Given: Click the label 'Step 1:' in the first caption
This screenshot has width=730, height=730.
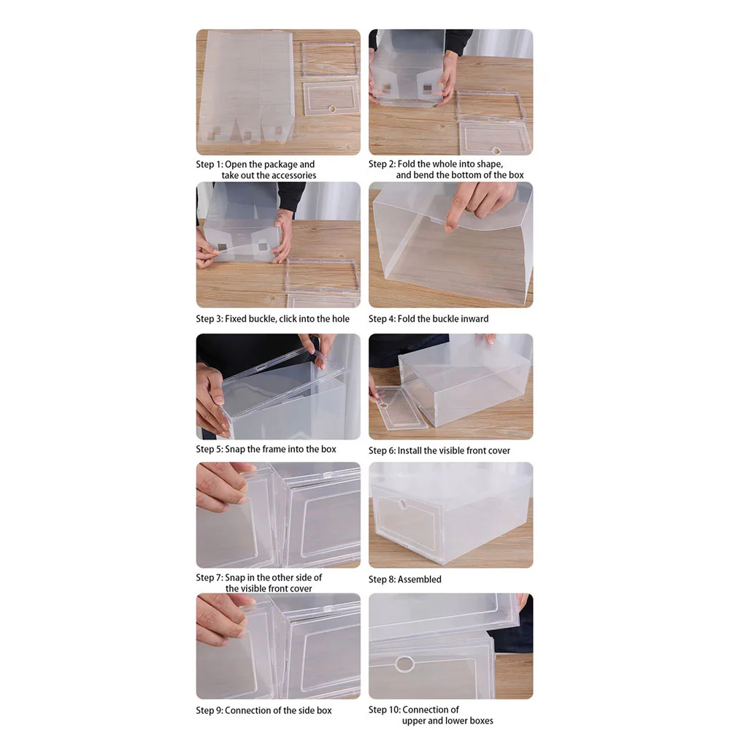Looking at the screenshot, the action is click(x=210, y=164).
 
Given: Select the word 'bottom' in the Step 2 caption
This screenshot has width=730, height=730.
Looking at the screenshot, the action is click(x=476, y=175).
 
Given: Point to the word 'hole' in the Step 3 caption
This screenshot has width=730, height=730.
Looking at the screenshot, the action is click(x=340, y=319).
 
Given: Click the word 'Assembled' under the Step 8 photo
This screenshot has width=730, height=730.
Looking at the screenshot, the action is click(x=420, y=580).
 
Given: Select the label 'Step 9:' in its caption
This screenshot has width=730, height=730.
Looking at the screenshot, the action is click(x=210, y=710).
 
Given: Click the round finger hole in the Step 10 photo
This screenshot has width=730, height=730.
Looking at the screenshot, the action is click(x=404, y=664).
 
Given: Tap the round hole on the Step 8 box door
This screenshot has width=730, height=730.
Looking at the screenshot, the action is click(x=402, y=504).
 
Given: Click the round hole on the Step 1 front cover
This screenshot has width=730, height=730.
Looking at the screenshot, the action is click(x=332, y=109).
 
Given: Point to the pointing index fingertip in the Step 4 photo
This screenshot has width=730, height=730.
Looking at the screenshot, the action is click(x=449, y=228).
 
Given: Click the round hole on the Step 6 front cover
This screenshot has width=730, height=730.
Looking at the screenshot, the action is click(x=384, y=405).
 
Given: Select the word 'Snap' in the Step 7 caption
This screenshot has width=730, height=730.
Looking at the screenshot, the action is click(x=235, y=577).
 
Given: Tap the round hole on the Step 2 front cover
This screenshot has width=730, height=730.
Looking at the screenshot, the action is click(x=496, y=151).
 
